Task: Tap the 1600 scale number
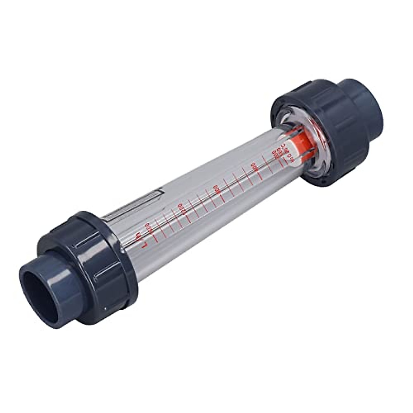coord(149,227)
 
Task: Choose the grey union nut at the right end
coord(310,114)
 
